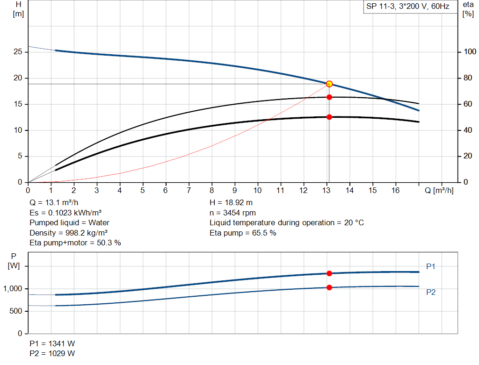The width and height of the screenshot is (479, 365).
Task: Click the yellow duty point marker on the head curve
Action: click(x=329, y=84)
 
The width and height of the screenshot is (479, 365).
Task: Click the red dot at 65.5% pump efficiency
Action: click(x=329, y=97)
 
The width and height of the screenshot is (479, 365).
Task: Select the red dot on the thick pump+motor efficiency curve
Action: click(x=329, y=117)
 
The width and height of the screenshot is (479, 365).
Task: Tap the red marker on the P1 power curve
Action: click(x=329, y=273)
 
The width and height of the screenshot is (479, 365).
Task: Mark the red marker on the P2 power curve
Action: click(x=329, y=287)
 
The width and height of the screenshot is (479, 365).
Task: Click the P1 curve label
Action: click(x=431, y=266)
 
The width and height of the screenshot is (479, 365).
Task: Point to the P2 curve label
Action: click(x=431, y=292)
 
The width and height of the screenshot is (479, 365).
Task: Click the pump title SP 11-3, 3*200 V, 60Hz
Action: click(x=407, y=7)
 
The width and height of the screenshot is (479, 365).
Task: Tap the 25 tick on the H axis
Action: click(x=18, y=52)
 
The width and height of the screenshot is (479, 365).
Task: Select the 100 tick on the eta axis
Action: click(x=470, y=52)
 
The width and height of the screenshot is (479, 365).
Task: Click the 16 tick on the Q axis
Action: click(x=395, y=190)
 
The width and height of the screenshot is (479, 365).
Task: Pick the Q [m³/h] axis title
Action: click(x=439, y=190)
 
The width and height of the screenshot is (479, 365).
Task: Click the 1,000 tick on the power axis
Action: click(x=13, y=289)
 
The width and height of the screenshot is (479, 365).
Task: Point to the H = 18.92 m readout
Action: click(x=231, y=203)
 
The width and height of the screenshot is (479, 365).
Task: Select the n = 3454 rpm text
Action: click(x=233, y=213)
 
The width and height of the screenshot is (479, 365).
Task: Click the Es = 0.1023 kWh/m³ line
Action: click(x=65, y=213)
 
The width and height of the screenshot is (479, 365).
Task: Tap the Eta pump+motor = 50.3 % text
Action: click(x=75, y=243)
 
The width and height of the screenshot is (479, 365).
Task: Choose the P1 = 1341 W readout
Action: click(x=52, y=344)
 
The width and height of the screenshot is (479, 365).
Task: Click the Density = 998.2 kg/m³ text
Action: click(x=68, y=233)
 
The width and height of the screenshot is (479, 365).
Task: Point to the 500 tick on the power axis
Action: click(x=15, y=311)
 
